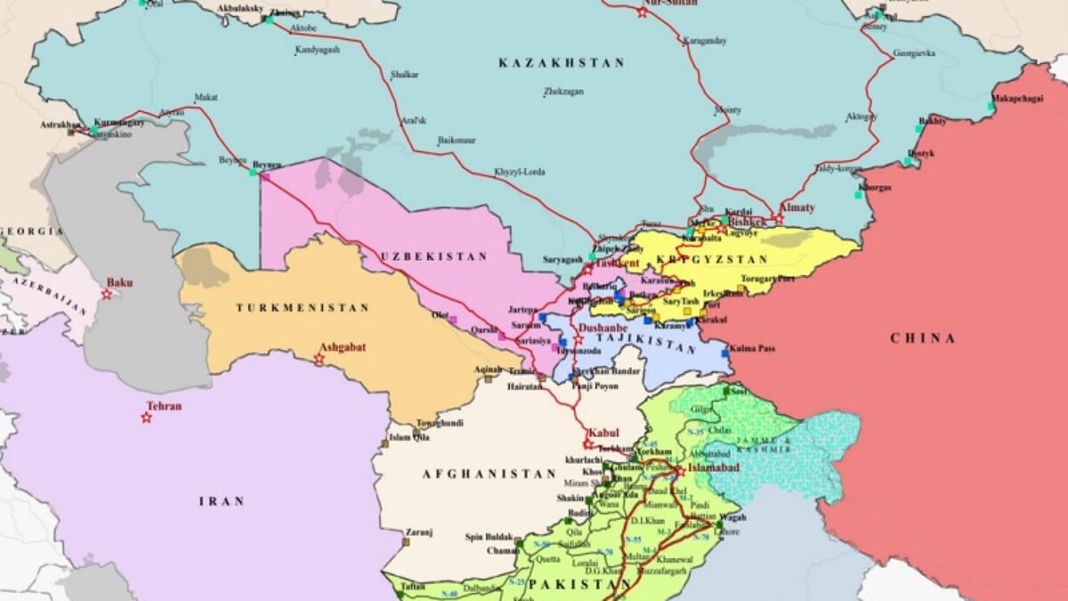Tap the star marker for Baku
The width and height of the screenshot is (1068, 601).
coord(107,295)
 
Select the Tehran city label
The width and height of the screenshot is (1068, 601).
coord(165,406)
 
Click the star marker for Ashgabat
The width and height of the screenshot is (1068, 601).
coord(319,359)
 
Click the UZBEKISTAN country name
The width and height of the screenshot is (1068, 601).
coord(434,256)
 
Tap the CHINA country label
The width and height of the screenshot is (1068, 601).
coord(923,338)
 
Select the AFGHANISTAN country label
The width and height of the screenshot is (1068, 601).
coord(476,474)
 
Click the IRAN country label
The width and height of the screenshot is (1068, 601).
coord(221,502)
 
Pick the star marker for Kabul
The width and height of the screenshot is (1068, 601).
coord(588,443)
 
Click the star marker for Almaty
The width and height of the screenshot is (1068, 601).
coord(778,218)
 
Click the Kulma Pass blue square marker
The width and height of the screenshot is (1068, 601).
coord(725,353)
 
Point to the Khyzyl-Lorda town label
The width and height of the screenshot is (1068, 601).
coord(519,172)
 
